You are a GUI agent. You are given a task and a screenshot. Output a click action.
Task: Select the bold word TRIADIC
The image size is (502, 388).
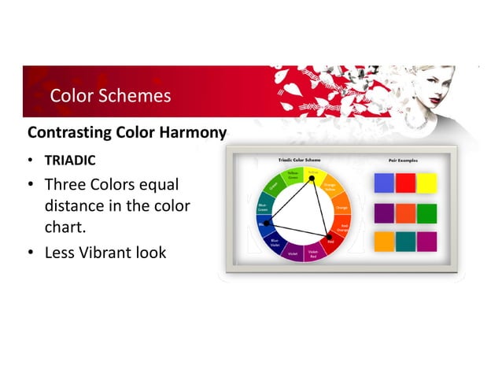click(x=70, y=161)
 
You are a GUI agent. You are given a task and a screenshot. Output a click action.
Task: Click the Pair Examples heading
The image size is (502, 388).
click(x=402, y=160)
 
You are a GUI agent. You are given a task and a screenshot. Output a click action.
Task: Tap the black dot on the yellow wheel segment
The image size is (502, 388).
click(x=312, y=177)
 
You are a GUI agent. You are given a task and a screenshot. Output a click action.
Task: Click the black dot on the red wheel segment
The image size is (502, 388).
click(x=330, y=236)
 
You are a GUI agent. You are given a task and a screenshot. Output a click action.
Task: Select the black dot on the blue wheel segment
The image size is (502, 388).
click(x=268, y=224)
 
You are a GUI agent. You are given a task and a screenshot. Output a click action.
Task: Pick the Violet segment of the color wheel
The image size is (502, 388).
click(x=292, y=253)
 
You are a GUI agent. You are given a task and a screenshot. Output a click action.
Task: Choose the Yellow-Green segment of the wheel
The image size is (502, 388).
click(x=293, y=175)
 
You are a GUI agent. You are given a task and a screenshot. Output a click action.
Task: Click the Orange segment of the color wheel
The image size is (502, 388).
click(x=341, y=209)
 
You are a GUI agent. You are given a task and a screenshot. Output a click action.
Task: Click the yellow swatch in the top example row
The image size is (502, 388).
click(x=426, y=183)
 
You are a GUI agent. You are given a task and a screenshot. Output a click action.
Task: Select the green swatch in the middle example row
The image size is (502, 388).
click(x=426, y=213)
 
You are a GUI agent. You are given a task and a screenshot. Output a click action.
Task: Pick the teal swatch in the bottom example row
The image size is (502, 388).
click(x=405, y=242)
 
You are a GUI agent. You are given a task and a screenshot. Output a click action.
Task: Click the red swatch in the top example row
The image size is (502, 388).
click(x=405, y=183)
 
